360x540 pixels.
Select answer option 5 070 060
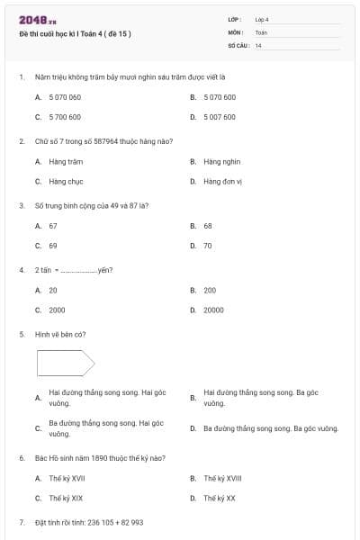tap(65, 97)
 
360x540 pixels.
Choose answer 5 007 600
tap(220, 117)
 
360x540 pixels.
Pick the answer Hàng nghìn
tap(221, 161)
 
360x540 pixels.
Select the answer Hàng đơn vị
tap(223, 181)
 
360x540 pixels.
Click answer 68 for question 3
tap(208, 226)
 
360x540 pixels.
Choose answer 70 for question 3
tap(208, 246)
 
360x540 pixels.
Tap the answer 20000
tap(213, 310)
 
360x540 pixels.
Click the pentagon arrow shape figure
tap(66, 363)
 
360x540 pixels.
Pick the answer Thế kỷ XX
tap(220, 498)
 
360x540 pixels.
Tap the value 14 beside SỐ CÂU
tap(258, 45)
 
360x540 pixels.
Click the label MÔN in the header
tap(236, 31)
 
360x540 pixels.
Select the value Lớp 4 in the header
tap(262, 19)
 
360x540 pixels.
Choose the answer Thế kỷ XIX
tap(66, 498)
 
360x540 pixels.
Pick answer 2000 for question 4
tap(57, 310)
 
